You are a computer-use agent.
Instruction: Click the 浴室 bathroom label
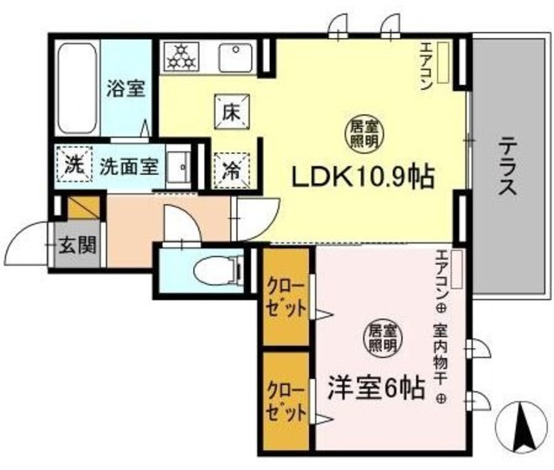126,88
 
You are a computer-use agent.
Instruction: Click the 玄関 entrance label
78,244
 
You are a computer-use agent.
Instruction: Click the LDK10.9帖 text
361,177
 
